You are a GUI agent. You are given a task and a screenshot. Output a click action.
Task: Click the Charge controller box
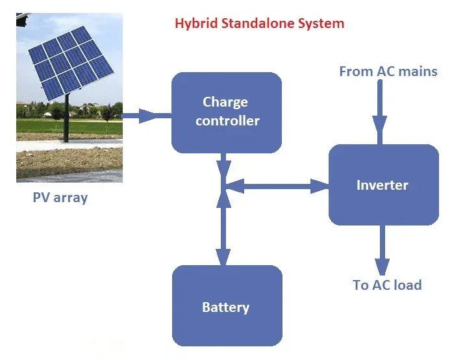[x=226, y=112]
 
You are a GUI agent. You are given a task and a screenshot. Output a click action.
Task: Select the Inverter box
[x=383, y=185]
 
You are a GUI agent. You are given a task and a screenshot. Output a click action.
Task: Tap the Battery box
[x=226, y=307]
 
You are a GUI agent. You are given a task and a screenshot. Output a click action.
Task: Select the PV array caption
[x=60, y=198]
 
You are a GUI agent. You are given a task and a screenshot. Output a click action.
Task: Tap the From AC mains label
[x=388, y=71]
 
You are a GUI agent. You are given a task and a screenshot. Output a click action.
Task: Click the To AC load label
[x=387, y=285]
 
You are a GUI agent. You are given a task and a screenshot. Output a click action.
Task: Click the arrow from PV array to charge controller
[x=146, y=116]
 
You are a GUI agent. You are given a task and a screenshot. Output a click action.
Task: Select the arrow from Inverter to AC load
[x=382, y=250]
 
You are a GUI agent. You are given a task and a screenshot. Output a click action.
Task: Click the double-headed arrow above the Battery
[x=223, y=227]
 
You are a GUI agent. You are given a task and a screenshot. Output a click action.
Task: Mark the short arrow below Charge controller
[x=223, y=165]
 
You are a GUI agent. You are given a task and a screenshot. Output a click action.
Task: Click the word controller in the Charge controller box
[x=227, y=121]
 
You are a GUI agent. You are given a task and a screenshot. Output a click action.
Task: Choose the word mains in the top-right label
[x=416, y=71]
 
